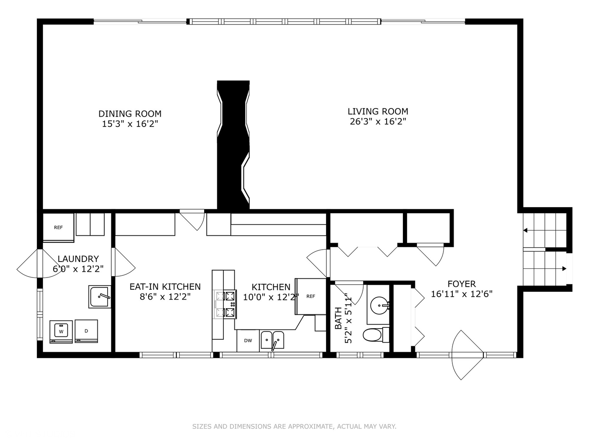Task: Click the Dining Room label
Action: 130,114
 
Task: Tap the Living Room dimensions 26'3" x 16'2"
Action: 378,122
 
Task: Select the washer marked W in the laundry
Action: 61,331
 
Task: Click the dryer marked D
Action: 86,331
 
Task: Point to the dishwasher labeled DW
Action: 248,341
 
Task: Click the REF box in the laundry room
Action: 58,228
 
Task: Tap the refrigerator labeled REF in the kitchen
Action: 311,296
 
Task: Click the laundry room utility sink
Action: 99,297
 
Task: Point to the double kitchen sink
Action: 272,340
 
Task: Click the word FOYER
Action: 461,284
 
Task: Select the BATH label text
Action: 338,318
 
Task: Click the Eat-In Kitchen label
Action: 165,286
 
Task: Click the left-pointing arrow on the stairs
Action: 526,231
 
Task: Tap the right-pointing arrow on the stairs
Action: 564,269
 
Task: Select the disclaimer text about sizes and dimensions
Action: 294,426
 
